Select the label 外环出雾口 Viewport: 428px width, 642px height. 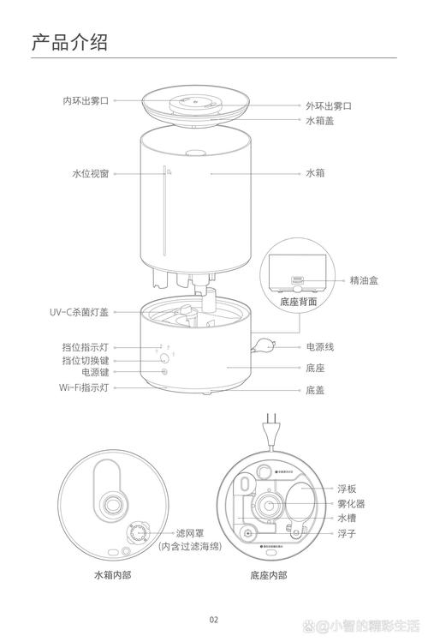coord(329,105)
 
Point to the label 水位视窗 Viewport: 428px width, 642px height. coord(90,173)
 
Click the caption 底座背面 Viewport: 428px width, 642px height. coord(298,302)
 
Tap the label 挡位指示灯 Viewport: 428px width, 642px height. coord(86,347)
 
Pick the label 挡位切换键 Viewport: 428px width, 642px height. coord(86,360)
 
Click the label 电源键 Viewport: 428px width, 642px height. coord(95,373)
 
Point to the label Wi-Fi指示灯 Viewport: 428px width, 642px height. coord(84,388)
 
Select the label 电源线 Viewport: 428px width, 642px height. coord(320,347)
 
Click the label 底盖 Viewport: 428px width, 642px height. coord(315,390)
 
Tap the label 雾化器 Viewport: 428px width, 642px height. coord(351,504)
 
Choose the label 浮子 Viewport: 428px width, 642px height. coord(346,533)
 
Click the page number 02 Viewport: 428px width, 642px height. coord(214,620)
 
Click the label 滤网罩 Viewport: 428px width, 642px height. coord(190,532)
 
